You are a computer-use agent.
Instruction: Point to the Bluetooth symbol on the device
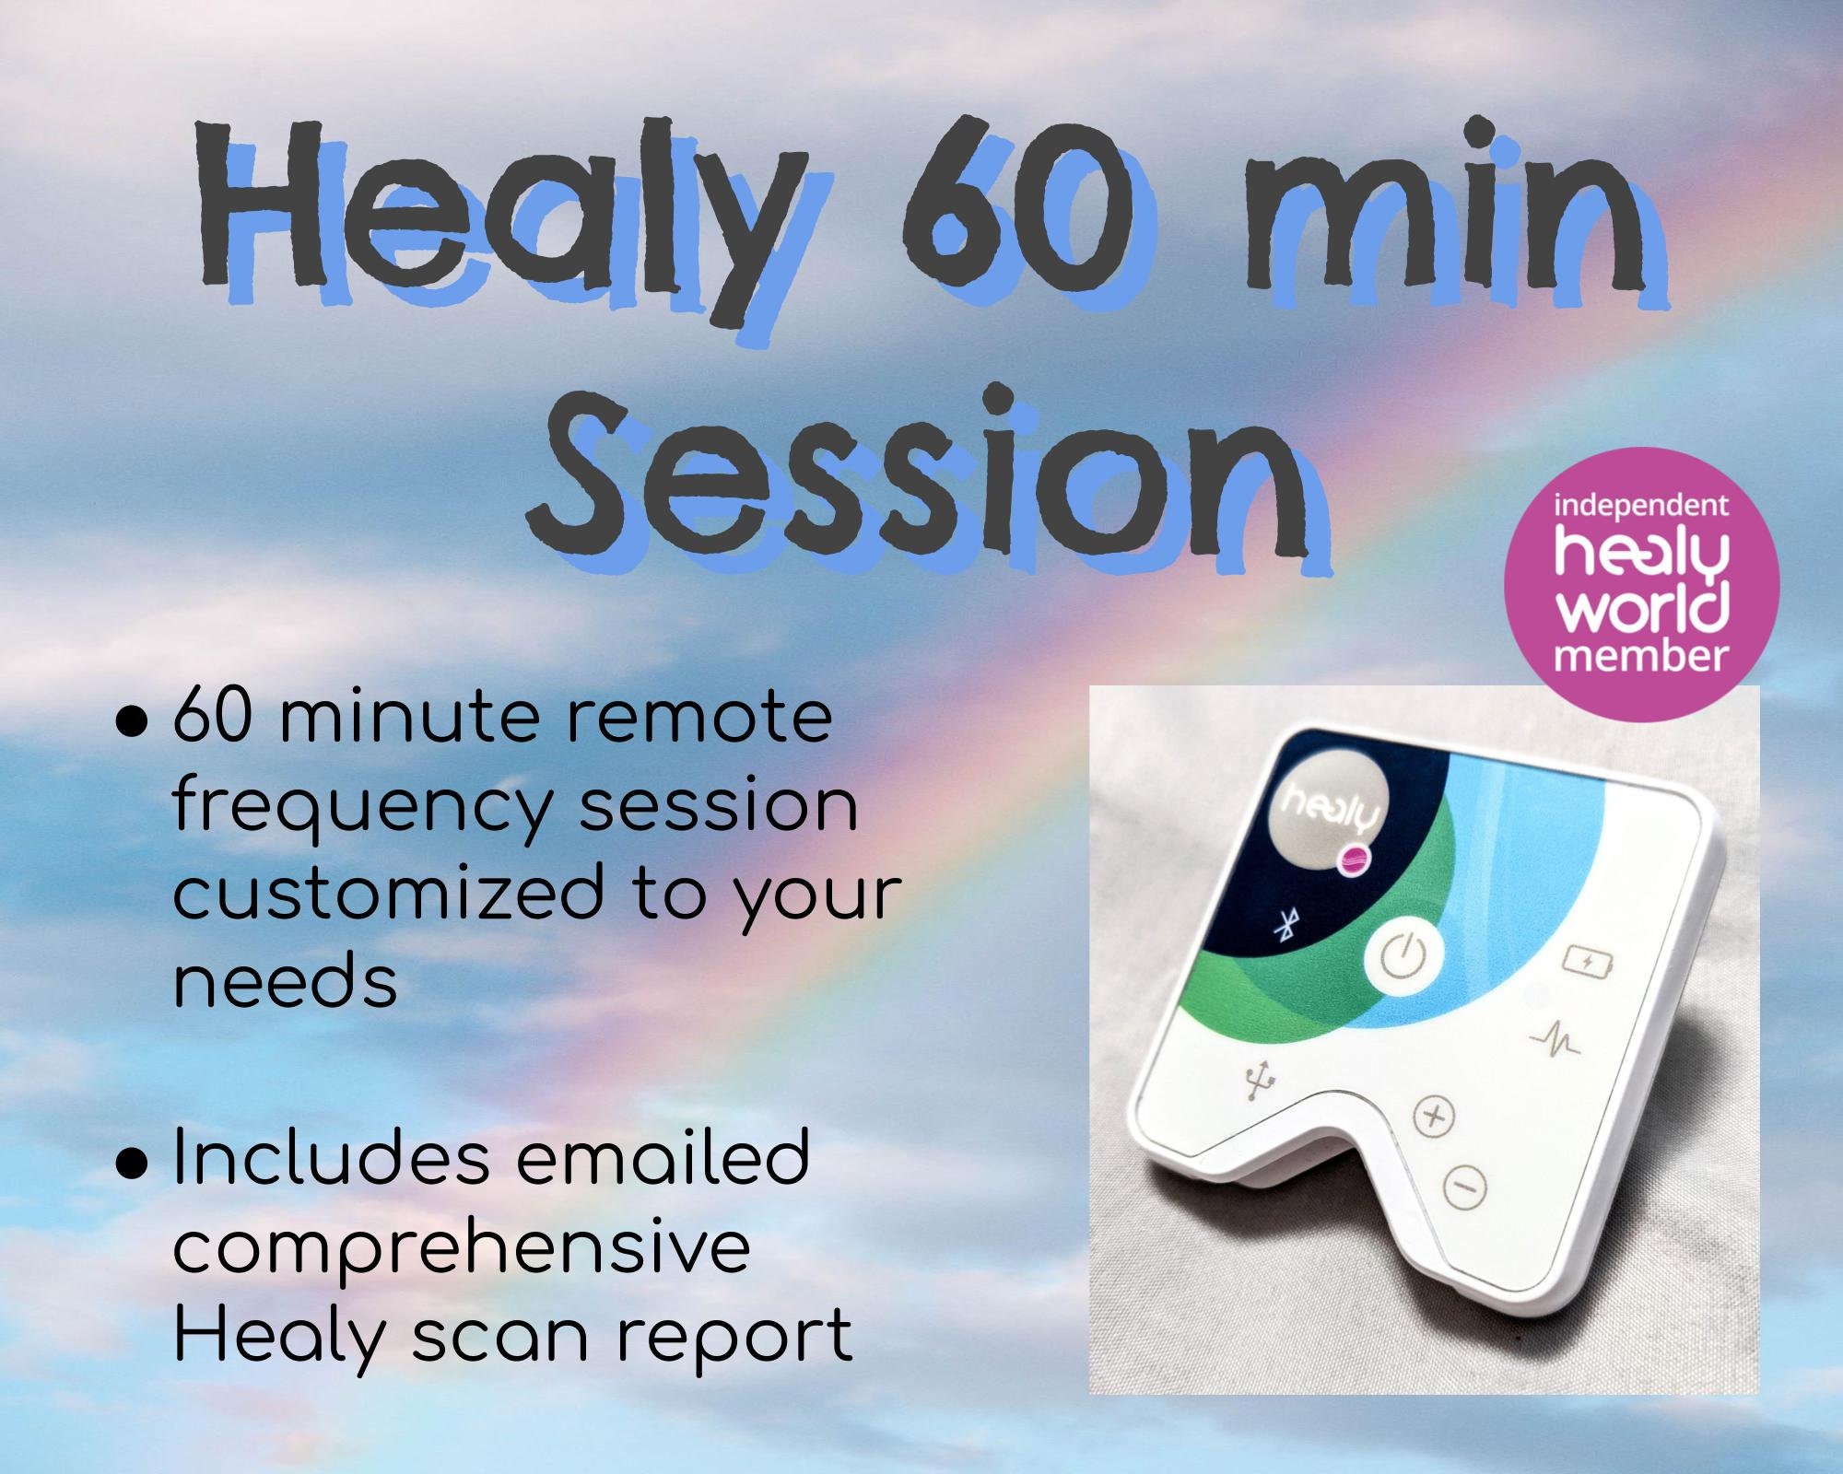pos(1283,927)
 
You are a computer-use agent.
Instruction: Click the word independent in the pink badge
pos(1640,507)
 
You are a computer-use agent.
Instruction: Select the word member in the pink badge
pos(1641,656)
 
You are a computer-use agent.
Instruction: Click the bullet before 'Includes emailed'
pos(133,1163)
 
